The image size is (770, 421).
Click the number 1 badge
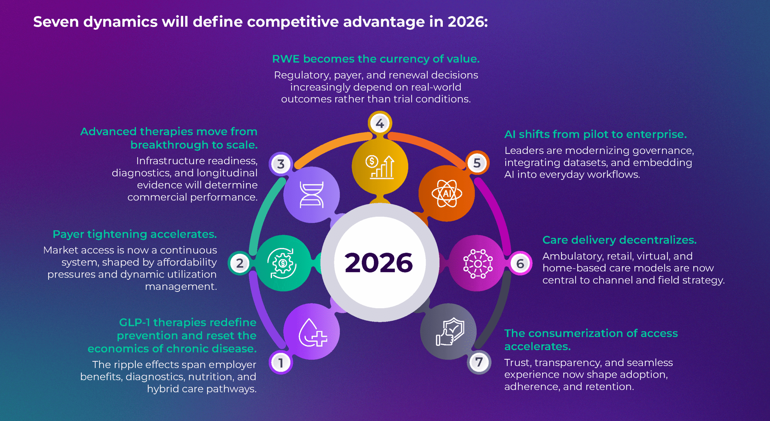281,362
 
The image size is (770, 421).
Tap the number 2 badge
240,263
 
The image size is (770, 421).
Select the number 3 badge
281,164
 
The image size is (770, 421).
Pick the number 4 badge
380,123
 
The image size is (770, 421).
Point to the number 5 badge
477,163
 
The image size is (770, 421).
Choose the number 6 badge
520,263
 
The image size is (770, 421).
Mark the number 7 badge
479,362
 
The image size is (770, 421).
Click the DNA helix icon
312,195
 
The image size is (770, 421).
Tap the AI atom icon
447,193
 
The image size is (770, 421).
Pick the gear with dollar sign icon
282,263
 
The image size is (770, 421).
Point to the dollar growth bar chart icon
380,167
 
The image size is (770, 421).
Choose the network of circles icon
478,263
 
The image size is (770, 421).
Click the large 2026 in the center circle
379,263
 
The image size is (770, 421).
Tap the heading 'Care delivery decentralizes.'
620,240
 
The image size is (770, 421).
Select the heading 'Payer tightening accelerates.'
135,234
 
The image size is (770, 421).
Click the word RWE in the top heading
286,59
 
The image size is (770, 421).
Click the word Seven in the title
56,22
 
